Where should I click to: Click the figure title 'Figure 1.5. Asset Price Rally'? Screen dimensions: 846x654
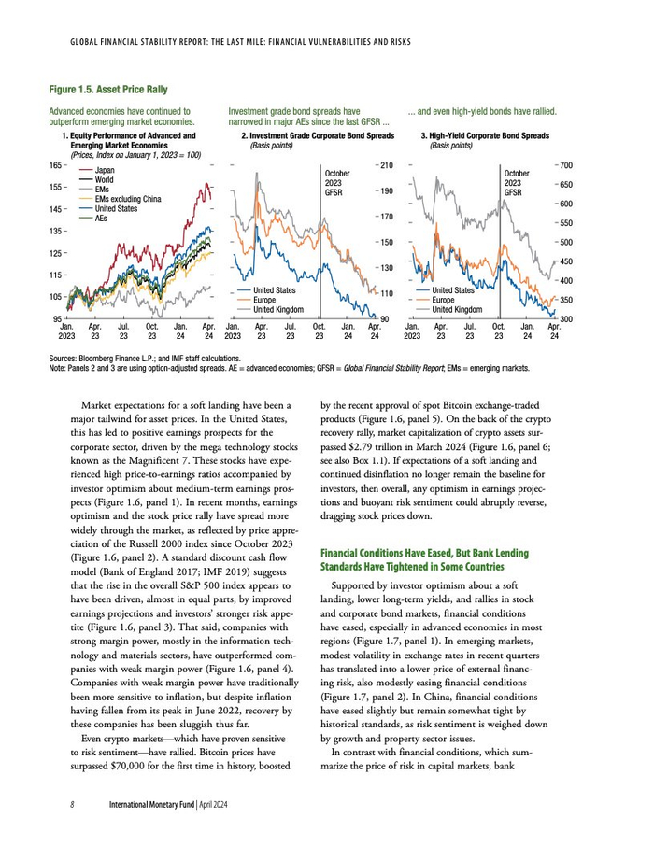coord(108,90)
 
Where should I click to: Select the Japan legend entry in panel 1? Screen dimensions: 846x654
coord(105,170)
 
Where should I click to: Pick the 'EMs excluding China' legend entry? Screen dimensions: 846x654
coord(128,199)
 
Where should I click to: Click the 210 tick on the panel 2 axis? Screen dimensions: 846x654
coord(386,165)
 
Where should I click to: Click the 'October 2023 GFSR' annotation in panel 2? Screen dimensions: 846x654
coord(337,183)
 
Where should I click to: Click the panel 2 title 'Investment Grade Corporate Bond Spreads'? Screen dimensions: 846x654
coord(318,136)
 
